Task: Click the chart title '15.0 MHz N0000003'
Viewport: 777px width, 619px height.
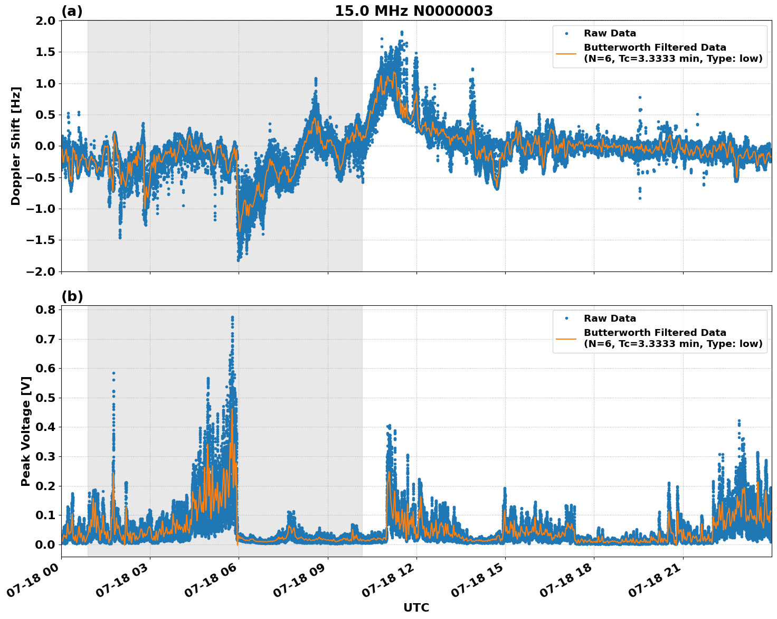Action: tap(413, 11)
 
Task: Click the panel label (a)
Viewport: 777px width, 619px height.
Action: tap(72, 11)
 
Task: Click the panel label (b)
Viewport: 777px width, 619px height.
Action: tap(72, 296)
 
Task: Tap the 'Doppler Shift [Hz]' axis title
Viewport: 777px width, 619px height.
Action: tap(16, 146)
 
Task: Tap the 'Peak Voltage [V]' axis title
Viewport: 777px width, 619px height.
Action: tap(25, 431)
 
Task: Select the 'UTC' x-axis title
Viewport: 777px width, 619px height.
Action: tap(416, 607)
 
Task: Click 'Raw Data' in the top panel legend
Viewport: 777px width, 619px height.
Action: tap(610, 33)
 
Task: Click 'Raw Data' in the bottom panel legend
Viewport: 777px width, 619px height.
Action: tap(610, 318)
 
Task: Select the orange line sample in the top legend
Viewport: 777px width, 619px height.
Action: tap(566, 53)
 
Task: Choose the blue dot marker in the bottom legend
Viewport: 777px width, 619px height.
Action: tap(566, 318)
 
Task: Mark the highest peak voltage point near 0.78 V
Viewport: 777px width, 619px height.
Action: tap(232, 317)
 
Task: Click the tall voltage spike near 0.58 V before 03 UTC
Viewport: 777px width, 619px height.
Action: tap(113, 373)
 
